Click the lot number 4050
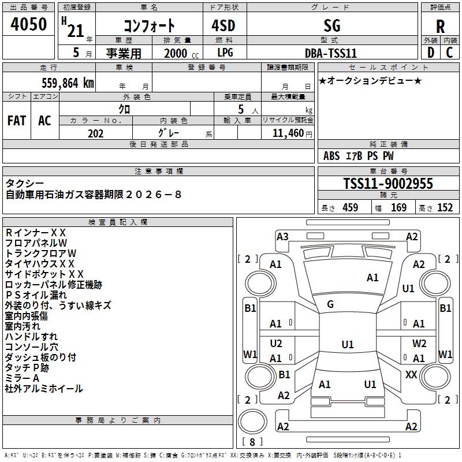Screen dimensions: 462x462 (x=29, y=24)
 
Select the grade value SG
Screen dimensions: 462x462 (x=332, y=25)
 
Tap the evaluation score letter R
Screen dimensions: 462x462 (x=440, y=27)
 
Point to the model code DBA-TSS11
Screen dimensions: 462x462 (x=331, y=53)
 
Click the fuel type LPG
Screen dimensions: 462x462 (x=225, y=53)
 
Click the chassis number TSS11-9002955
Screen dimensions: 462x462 (x=388, y=184)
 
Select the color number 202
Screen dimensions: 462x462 (x=95, y=133)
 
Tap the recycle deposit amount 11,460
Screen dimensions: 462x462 (x=288, y=133)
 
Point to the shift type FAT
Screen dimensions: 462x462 (x=17, y=121)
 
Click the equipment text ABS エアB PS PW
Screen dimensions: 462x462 (x=359, y=156)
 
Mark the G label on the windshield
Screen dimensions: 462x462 (x=330, y=304)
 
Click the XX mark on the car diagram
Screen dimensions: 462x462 (x=411, y=375)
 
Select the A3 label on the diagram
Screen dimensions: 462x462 (x=282, y=236)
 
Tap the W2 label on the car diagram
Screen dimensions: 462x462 (x=419, y=343)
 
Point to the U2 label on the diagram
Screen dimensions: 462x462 (x=276, y=343)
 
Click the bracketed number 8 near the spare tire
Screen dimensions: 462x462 (x=252, y=442)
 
